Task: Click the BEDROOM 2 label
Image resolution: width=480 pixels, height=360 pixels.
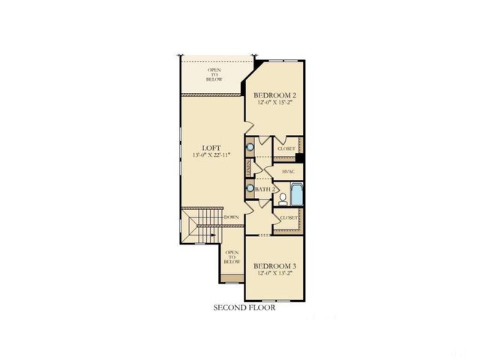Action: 275,94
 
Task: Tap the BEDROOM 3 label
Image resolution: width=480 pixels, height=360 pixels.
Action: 275,266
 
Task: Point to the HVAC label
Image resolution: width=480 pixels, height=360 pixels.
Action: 288,172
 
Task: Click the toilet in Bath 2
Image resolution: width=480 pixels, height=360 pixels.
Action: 283,199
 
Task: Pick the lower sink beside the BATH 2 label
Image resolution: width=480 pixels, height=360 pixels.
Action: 250,189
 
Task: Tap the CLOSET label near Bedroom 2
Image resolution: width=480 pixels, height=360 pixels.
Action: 286,148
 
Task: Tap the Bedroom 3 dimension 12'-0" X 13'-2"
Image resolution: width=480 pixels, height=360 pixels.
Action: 275,274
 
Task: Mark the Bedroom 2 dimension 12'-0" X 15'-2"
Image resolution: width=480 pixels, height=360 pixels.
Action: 275,103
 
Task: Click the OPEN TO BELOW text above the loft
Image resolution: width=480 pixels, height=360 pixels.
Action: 214,74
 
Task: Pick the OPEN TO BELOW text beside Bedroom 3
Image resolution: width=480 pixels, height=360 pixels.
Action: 232,256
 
